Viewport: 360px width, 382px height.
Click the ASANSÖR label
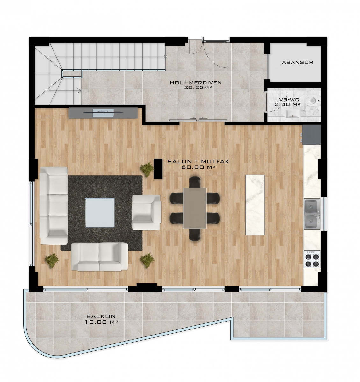tap(298, 62)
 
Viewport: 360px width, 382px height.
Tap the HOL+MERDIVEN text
tap(196, 83)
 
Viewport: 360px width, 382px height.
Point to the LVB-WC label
tap(287, 100)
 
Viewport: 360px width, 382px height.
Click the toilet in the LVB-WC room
tap(312, 100)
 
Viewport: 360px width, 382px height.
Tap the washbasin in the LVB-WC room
tap(292, 114)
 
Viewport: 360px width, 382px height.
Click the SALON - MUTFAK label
tap(198, 162)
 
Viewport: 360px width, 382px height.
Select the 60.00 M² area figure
tap(198, 167)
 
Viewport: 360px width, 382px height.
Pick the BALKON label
tap(101, 316)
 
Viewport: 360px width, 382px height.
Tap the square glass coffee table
tap(100, 213)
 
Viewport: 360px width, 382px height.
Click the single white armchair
tap(146, 213)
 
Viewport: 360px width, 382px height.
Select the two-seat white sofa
tap(100, 256)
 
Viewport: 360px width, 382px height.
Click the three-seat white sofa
tap(54, 206)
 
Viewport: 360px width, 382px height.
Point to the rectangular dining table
tap(195, 209)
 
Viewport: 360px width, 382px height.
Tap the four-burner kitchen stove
tap(312, 259)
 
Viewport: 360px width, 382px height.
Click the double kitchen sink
tap(312, 214)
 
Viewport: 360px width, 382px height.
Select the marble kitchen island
tap(255, 205)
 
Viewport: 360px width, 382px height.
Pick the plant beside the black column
tap(147, 169)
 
